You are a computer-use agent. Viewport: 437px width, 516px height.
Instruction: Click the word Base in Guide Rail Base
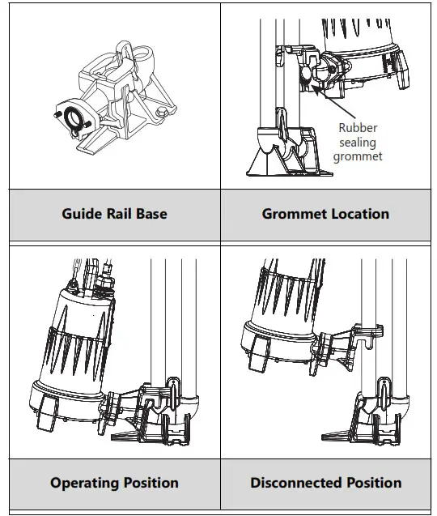tap(149, 215)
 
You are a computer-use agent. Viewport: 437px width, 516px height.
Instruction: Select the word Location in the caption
tap(359, 215)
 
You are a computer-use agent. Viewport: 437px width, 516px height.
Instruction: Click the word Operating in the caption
tap(86, 483)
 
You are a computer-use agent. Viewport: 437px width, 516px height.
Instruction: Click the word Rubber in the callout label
tap(357, 127)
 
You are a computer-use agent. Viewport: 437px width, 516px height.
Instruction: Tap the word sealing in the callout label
tap(357, 142)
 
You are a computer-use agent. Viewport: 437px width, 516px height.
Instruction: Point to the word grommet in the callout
tap(357, 156)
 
